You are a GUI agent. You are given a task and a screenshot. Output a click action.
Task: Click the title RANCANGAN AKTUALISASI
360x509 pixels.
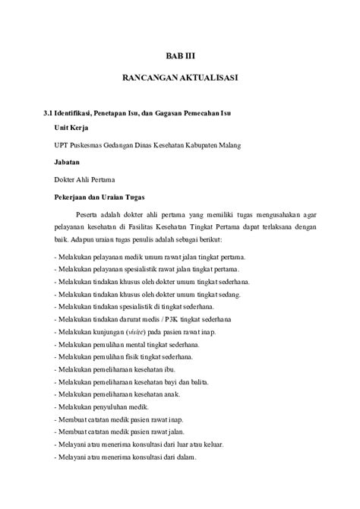point(180,79)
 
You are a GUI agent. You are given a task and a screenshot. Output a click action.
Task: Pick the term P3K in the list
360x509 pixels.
point(171,319)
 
